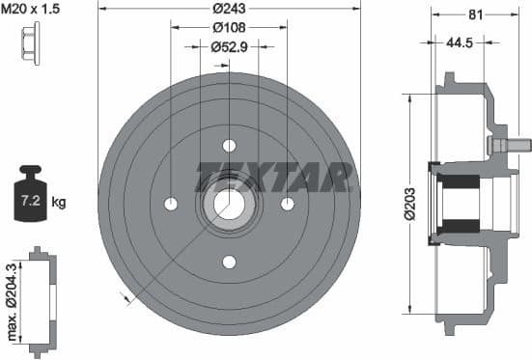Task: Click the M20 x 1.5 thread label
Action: point(32,9)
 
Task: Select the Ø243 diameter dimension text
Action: point(229,10)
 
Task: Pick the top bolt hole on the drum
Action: point(229,146)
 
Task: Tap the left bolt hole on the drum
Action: point(171,204)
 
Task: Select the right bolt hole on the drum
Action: point(287,204)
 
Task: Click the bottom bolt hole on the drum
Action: point(229,262)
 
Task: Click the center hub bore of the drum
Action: point(229,204)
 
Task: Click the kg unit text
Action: point(59,203)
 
